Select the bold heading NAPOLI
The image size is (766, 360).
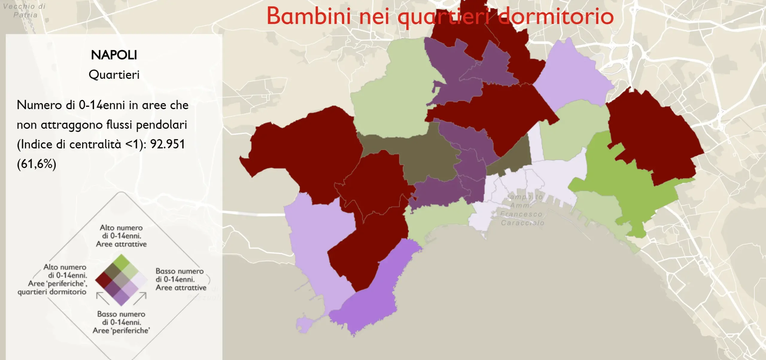[114, 55]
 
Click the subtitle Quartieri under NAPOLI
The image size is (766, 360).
[114, 75]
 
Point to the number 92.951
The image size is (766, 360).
[168, 144]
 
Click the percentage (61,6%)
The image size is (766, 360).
[37, 164]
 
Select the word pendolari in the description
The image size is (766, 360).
[162, 125]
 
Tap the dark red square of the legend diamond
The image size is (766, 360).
[104, 280]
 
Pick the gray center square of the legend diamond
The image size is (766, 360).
[121, 280]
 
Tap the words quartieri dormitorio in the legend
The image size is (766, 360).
[52, 292]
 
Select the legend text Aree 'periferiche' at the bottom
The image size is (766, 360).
[121, 330]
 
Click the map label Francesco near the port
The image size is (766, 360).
[521, 214]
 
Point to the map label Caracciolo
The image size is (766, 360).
[522, 223]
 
